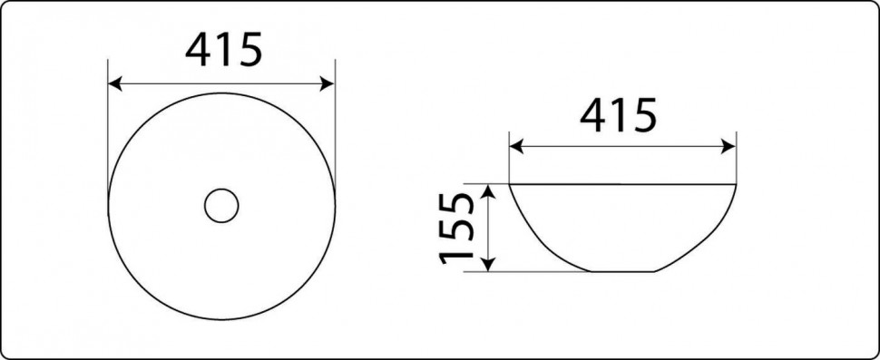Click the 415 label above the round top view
(x=223, y=49)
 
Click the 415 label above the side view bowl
(x=618, y=115)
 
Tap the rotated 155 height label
(x=456, y=229)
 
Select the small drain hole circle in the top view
(x=221, y=206)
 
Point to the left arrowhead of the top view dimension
(x=115, y=84)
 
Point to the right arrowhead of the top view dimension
(x=328, y=84)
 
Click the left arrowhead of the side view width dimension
(x=517, y=147)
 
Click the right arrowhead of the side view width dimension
(x=728, y=147)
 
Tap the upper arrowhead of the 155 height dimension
(x=489, y=191)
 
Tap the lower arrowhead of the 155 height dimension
(x=489, y=264)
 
